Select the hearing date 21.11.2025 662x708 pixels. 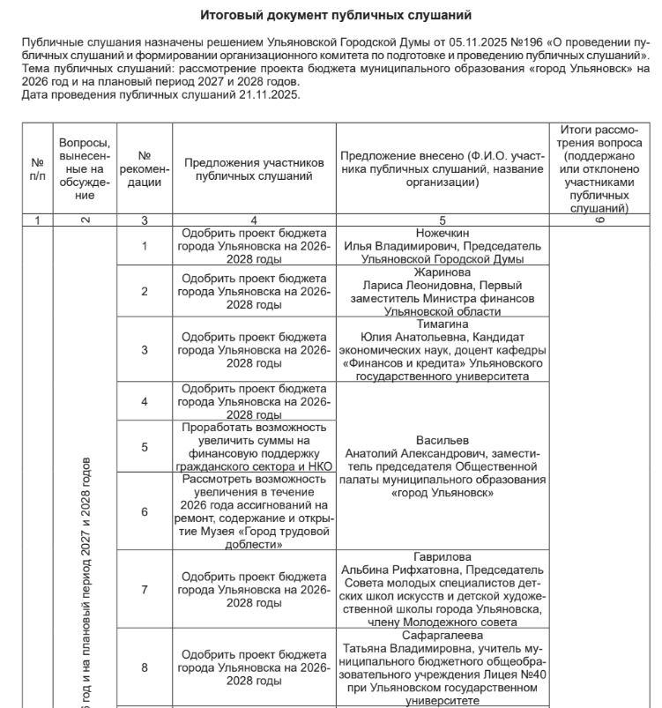tap(270, 94)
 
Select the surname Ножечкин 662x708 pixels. tap(443, 235)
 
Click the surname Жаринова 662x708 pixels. tap(443, 273)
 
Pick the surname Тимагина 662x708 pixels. tap(443, 324)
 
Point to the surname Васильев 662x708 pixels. tap(443, 441)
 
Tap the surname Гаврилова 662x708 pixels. tap(443, 557)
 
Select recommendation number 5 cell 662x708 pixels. tap(145, 447)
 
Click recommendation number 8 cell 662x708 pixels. tap(145, 667)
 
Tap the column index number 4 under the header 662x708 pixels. tap(254, 220)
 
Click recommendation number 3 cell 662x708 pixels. tap(145, 350)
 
